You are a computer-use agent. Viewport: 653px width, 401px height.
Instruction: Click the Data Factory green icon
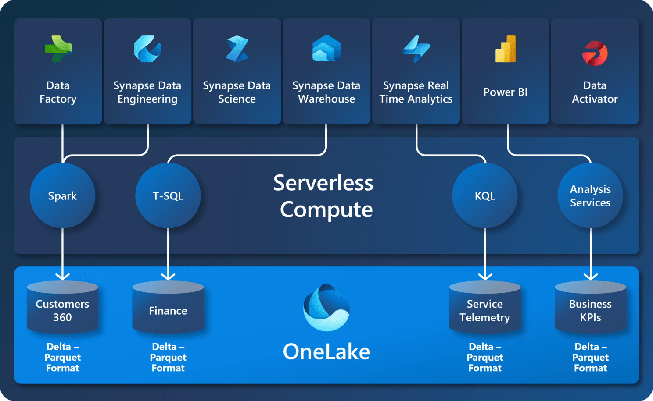pyautogui.click(x=58, y=49)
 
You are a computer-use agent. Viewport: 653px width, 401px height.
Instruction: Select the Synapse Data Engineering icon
pyautogui.click(x=147, y=49)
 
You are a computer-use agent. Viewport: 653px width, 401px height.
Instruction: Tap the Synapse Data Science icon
pyautogui.click(x=237, y=49)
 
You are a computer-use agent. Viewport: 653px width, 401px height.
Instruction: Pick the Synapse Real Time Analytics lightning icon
pyautogui.click(x=416, y=49)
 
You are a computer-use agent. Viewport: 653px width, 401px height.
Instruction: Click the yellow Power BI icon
pyautogui.click(x=506, y=49)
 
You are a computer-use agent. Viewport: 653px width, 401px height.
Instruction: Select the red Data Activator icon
pyautogui.click(x=595, y=53)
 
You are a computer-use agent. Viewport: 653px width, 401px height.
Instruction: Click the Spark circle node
pyautogui.click(x=62, y=195)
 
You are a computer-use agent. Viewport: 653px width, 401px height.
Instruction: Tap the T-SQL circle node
pyautogui.click(x=168, y=195)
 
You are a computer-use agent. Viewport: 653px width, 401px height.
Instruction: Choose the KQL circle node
pyautogui.click(x=485, y=195)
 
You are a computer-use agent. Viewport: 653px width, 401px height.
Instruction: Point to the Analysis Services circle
pyautogui.click(x=590, y=195)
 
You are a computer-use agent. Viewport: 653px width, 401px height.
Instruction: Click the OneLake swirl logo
pyautogui.click(x=326, y=308)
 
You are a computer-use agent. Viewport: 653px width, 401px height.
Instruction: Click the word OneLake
pyautogui.click(x=326, y=351)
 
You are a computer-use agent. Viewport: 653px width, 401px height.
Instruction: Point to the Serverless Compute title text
pyautogui.click(x=324, y=196)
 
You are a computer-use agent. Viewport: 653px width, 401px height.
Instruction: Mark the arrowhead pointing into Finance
pyautogui.click(x=168, y=276)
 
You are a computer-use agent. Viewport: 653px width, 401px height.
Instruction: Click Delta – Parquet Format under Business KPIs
pyautogui.click(x=590, y=357)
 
